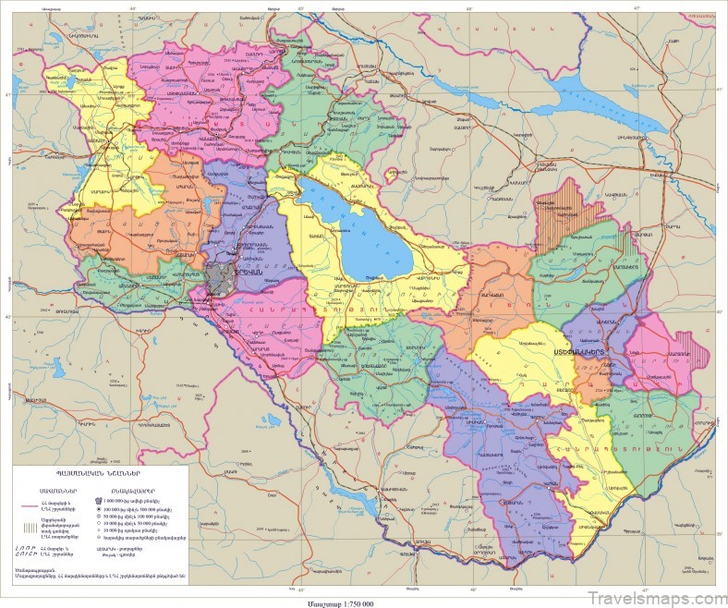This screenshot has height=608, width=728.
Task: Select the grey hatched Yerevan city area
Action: tap(223, 275)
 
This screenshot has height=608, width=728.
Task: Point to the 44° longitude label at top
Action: tap(133, 7)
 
